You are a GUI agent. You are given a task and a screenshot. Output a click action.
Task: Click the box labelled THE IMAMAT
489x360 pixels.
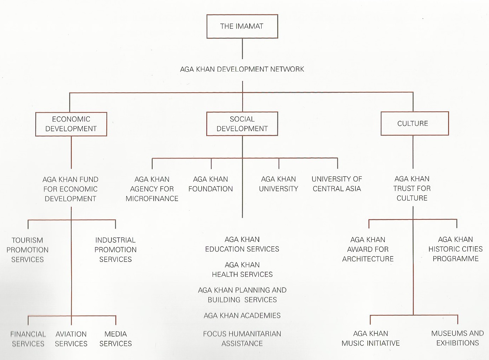coord(242,26)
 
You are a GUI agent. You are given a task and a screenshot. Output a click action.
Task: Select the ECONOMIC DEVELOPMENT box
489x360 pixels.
coord(71,124)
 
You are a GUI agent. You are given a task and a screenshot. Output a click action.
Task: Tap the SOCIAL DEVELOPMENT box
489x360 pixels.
coord(242,124)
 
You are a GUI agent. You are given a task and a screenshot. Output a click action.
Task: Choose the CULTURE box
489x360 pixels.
coord(414,123)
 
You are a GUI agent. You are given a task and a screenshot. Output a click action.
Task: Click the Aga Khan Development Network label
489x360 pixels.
coord(242,69)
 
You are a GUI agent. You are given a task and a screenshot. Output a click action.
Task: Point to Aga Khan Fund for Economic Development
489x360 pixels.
coord(71,189)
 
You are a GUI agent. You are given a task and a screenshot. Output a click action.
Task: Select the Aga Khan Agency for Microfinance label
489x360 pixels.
coord(152,189)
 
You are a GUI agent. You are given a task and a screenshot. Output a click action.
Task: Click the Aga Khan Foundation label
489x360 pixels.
coord(210,184)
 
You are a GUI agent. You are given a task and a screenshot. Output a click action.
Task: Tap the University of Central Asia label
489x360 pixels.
coord(337,184)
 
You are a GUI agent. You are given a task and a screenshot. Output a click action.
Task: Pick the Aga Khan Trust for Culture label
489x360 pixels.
coord(412,188)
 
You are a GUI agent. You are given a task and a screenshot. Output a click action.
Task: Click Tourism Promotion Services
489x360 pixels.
coord(27,250)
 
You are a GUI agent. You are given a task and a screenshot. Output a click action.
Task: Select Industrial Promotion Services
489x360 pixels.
coord(115,250)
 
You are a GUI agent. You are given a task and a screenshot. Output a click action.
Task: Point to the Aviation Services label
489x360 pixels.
coord(71,339)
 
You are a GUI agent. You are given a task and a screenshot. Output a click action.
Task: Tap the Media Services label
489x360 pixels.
coord(116,339)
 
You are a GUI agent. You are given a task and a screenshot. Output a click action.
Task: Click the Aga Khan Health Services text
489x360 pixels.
coord(242,269)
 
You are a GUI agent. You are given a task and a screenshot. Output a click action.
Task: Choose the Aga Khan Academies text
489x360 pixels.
coord(242,316)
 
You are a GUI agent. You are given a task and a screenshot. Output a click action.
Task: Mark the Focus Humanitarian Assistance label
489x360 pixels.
coord(242,339)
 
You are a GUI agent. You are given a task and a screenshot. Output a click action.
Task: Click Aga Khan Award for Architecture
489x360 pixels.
coord(368,249)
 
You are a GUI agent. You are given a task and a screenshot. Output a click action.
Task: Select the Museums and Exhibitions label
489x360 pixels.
coord(457,338)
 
